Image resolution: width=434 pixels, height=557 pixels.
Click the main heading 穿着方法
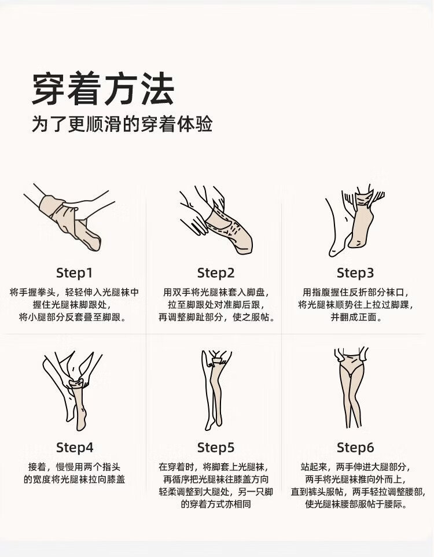click(x=103, y=89)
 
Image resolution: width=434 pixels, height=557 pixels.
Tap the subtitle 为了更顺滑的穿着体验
click(x=122, y=124)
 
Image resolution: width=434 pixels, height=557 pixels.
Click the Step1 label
click(x=74, y=273)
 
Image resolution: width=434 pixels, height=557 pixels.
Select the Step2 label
click(x=216, y=273)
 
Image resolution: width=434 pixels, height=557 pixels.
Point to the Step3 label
click(x=355, y=273)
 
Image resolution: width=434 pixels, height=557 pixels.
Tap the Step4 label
click(x=75, y=448)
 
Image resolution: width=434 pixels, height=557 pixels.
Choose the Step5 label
click(x=216, y=448)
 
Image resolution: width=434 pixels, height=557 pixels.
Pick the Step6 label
click(x=355, y=448)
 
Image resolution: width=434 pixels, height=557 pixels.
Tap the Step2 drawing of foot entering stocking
click(x=216, y=220)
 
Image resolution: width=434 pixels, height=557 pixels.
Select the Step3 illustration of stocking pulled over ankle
click(x=355, y=220)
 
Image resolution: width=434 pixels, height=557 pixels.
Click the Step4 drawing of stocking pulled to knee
click(x=72, y=391)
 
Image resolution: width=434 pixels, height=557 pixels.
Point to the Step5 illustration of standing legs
click(x=215, y=390)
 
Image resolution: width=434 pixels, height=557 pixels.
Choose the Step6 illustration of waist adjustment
click(x=351, y=388)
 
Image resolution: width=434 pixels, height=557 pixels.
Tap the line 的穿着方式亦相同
click(x=216, y=504)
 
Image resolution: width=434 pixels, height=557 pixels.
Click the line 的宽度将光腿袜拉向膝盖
click(x=74, y=479)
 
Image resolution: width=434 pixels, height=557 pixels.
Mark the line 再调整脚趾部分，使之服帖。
click(x=216, y=317)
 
